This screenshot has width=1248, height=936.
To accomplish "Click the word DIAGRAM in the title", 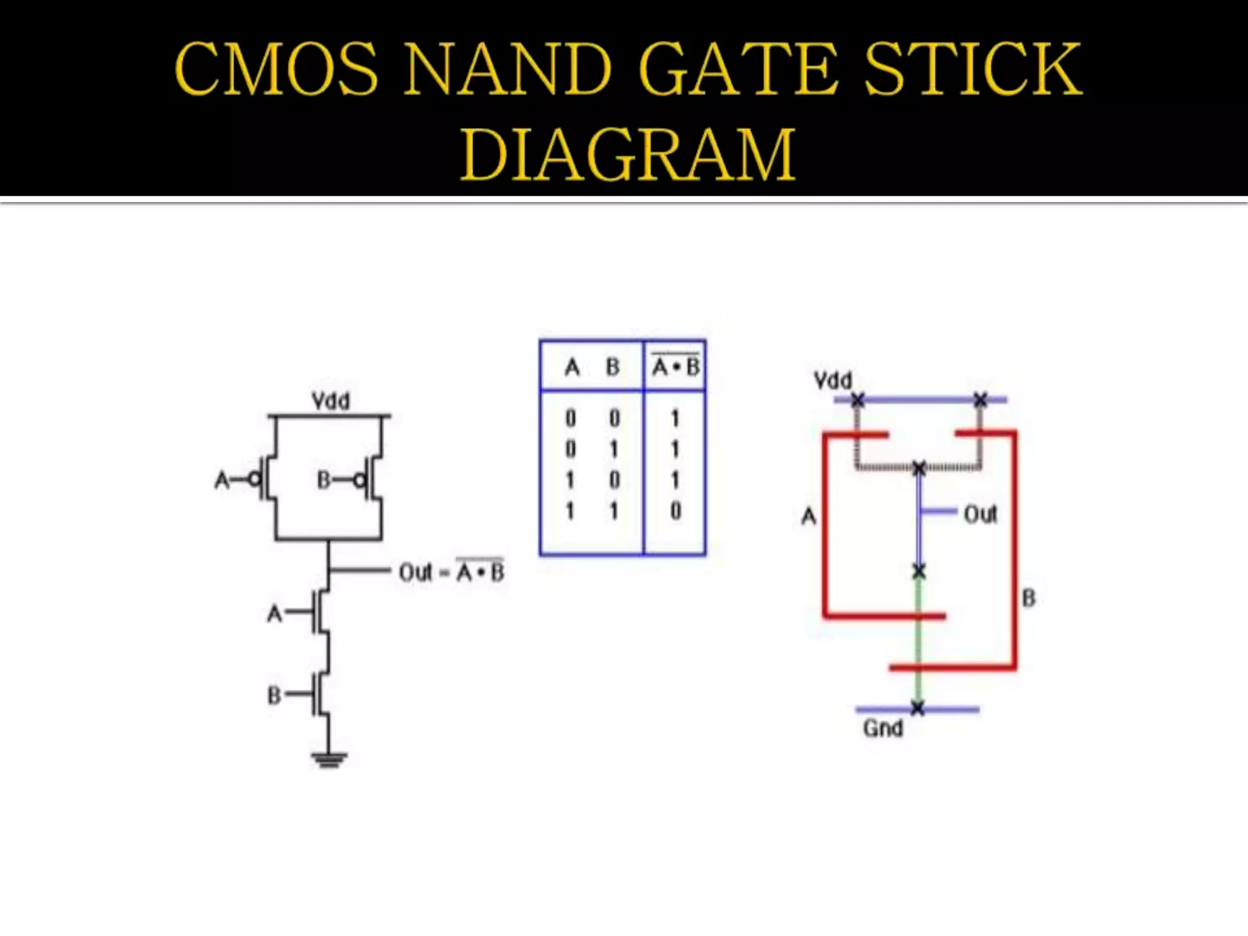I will (628, 155).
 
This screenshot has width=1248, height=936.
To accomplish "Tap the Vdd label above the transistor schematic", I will (331, 401).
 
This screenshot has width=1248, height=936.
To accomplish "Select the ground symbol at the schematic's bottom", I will (329, 760).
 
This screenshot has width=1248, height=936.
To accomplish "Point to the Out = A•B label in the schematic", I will (452, 572).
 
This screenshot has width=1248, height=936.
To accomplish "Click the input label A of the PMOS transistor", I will (222, 480).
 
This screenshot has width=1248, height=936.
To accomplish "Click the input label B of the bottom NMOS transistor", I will (274, 695).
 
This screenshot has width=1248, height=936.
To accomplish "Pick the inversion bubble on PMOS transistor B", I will (360, 481).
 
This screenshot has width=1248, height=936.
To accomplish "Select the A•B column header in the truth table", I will (676, 367).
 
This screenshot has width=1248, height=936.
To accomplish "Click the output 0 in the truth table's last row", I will (675, 511).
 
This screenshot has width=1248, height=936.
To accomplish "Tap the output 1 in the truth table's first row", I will (675, 419).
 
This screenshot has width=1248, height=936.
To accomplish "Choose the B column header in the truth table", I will (612, 367).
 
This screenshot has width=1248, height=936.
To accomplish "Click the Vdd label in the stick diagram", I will (833, 381).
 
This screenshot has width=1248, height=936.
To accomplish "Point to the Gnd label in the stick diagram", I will (883, 728).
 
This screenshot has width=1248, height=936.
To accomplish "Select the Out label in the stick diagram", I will (980, 515).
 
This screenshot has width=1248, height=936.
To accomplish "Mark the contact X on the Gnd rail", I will (918, 709).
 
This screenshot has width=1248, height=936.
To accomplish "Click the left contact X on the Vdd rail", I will (858, 400).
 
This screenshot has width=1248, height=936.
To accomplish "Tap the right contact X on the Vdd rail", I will (980, 400).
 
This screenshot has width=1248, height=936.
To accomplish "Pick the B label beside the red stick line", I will (1029, 598).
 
